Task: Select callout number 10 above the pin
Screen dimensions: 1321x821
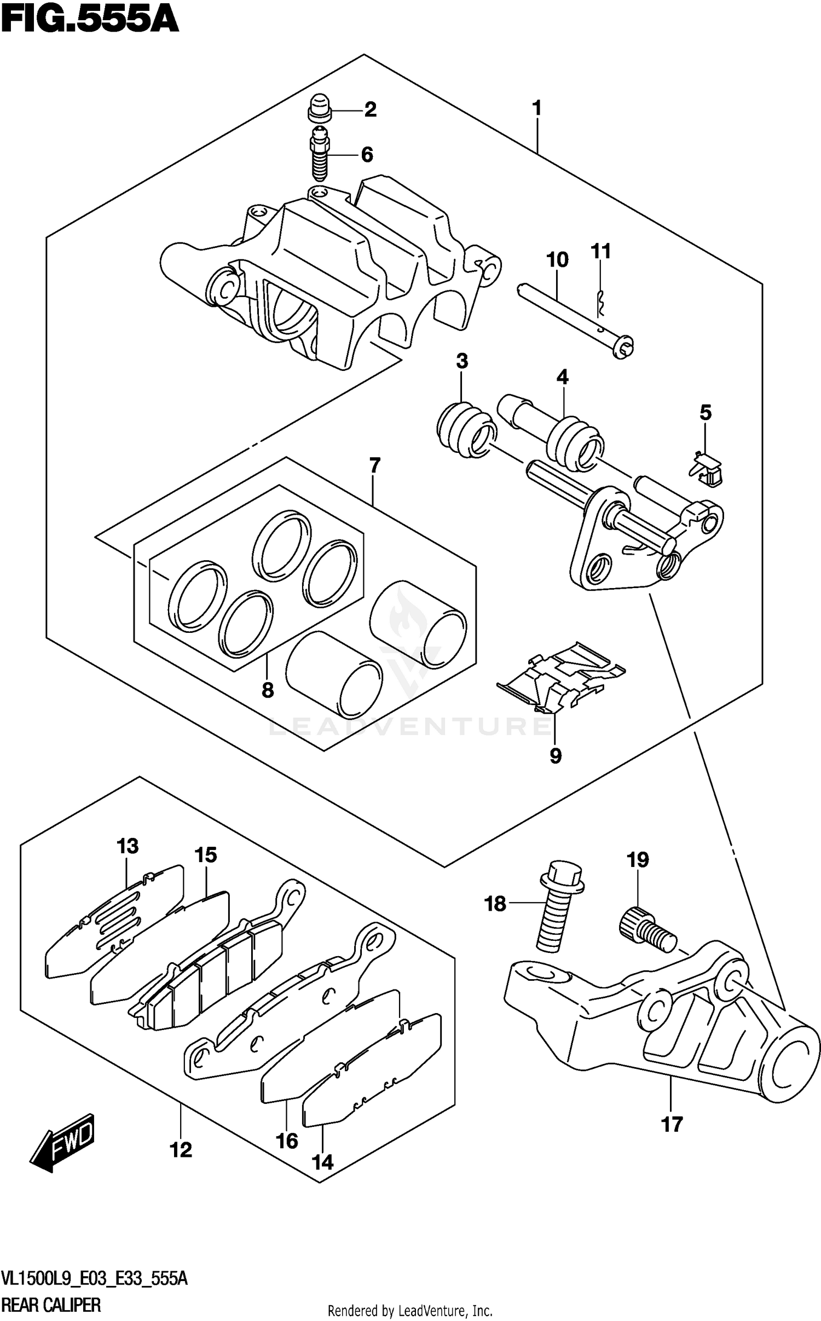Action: click(557, 260)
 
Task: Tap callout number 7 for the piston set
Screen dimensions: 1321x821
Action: click(374, 466)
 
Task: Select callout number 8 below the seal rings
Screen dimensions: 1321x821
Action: click(267, 690)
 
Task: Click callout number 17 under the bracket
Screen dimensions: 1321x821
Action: click(672, 1125)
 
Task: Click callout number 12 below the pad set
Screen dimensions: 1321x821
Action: click(181, 1150)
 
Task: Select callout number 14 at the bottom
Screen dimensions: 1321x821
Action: click(322, 1162)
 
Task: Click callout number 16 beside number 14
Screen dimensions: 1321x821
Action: click(287, 1141)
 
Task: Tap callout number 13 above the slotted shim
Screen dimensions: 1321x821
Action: click(128, 846)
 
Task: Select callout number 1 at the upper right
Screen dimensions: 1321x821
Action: click(537, 108)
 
